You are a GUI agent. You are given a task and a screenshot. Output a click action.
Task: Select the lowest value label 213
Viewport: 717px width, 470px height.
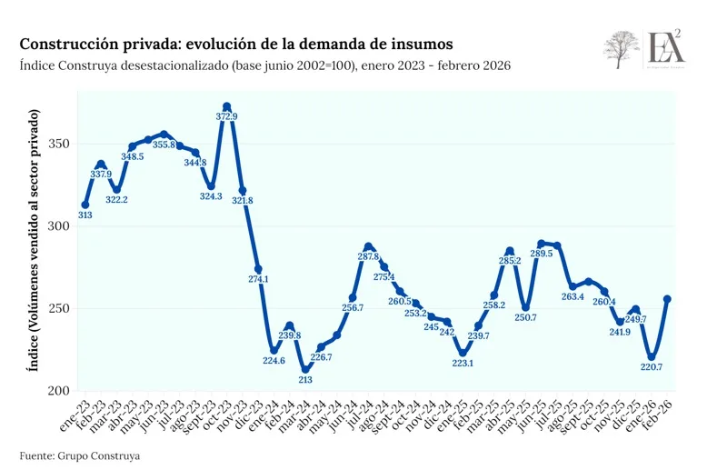point(305,380)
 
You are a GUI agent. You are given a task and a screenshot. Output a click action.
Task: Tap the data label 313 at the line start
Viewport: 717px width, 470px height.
point(85,215)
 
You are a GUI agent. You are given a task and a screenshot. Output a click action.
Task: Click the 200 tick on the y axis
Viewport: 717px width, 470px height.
point(60,391)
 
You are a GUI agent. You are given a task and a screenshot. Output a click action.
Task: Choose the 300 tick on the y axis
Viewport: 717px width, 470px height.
point(60,226)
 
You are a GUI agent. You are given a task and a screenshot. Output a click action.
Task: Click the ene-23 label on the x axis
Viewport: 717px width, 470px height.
point(75,414)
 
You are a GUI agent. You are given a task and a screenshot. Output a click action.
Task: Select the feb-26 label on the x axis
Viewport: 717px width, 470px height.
point(659,414)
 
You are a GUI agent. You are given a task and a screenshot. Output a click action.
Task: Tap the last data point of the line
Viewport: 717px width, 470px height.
point(668,298)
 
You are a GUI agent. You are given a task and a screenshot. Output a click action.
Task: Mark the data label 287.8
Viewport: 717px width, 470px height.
point(369,257)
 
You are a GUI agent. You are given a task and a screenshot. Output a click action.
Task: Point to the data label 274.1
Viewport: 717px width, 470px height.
point(259,279)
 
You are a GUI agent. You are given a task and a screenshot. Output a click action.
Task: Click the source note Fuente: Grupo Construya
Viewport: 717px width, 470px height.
point(81,454)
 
